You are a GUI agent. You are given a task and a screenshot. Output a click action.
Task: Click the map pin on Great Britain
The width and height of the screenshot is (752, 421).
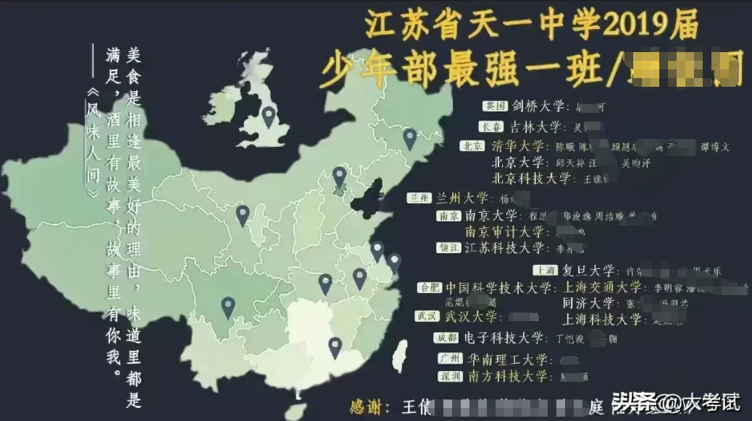point(269,116)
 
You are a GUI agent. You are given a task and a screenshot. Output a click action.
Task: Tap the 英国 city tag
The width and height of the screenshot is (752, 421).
point(496,106)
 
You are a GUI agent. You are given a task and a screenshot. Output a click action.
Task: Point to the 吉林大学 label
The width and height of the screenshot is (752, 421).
point(535,126)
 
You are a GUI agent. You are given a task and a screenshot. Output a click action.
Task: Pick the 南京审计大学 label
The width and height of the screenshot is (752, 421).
point(504,231)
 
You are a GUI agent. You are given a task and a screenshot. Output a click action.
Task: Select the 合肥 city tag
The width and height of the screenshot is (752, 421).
point(429,288)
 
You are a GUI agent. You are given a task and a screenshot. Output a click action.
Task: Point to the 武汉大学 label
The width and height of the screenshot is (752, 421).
point(472,317)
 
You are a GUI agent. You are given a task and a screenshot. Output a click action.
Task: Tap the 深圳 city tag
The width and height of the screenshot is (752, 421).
point(450,377)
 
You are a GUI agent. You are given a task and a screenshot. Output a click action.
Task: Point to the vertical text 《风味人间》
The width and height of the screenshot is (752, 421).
point(92,144)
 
